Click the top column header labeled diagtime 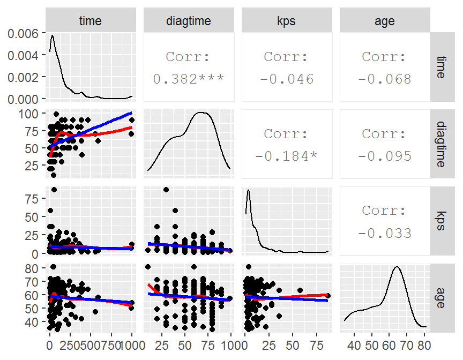[x=189, y=21]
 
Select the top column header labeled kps [x=287, y=21]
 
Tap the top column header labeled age [x=385, y=21]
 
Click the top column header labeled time [x=90, y=21]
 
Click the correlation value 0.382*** [x=189, y=79]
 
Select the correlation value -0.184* [x=287, y=156]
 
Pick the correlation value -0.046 [x=287, y=79]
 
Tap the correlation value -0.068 [x=385, y=79]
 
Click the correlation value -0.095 [x=385, y=156]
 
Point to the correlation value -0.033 [x=385, y=233]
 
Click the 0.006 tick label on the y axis [x=24, y=33]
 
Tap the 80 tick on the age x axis [x=422, y=343]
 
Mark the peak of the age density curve [x=397, y=267]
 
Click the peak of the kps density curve [x=249, y=190]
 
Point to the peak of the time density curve [x=53, y=36]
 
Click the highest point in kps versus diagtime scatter [x=166, y=189]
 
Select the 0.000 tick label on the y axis [x=24, y=99]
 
